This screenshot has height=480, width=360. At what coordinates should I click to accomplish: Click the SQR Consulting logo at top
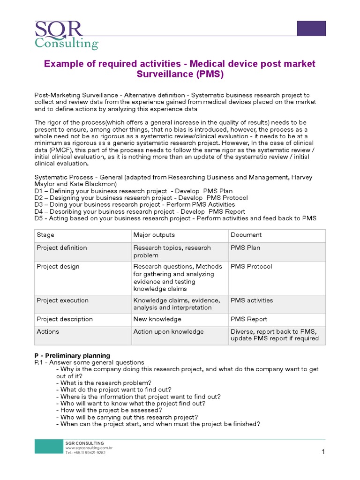[x=66, y=35]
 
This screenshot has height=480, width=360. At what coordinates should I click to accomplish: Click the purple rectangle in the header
[x=311, y=28]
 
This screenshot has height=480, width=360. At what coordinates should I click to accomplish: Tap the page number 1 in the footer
[x=323, y=452]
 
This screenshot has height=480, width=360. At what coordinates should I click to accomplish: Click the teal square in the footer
[x=48, y=447]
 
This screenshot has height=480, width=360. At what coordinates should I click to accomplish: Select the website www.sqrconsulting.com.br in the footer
[x=89, y=448]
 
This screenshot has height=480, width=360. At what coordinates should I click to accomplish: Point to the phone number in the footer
[x=85, y=453]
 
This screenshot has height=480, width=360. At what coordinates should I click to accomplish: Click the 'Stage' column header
[x=45, y=235]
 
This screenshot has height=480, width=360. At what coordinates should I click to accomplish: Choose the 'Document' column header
[x=246, y=235]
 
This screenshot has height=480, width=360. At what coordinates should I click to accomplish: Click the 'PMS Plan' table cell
[x=245, y=247]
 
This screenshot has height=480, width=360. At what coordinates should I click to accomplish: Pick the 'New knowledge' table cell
[x=157, y=319]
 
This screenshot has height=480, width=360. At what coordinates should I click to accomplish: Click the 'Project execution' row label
[x=62, y=300]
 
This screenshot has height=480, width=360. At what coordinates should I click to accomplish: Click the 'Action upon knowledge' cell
[x=168, y=331]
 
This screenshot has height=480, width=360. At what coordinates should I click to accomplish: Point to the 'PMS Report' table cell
[x=248, y=319]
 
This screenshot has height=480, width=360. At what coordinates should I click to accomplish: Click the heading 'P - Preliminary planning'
[x=72, y=355]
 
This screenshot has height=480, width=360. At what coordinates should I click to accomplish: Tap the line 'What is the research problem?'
[x=104, y=382]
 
